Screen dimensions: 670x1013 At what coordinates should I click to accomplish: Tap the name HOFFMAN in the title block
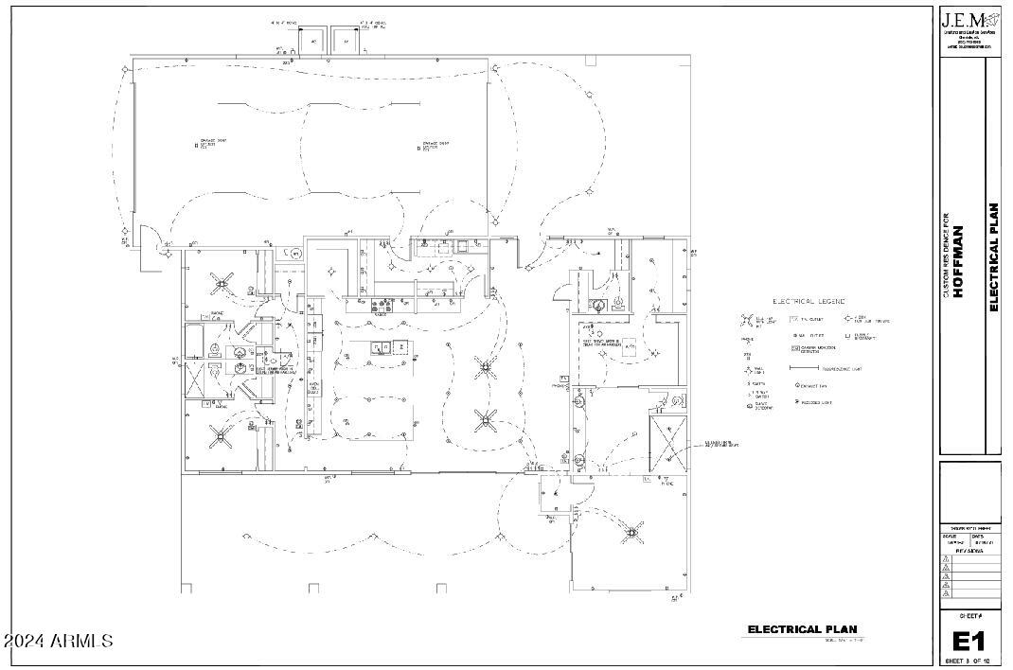click(x=958, y=261)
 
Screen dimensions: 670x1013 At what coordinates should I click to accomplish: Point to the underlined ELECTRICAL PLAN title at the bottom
click(x=802, y=629)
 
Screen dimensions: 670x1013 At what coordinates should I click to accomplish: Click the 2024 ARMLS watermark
click(x=59, y=641)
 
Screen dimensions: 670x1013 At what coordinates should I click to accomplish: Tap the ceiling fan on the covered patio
click(x=631, y=534)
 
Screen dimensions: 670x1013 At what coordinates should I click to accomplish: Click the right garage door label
click(x=432, y=145)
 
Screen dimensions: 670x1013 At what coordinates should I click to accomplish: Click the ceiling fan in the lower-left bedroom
click(x=223, y=434)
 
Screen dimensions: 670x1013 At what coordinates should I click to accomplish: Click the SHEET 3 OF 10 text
click(x=969, y=661)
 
